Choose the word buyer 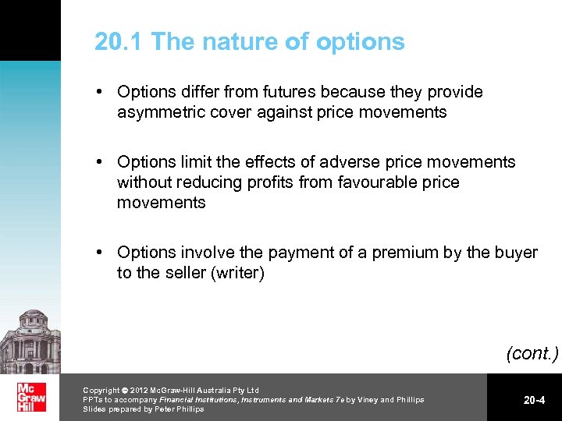click(515, 253)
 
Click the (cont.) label click(532, 353)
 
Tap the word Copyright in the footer click(101, 391)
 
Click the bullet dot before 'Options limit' click(101, 162)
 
